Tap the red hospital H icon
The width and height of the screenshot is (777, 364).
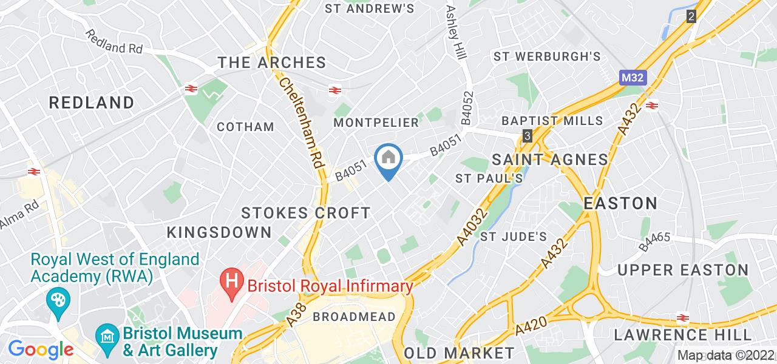click(x=231, y=283)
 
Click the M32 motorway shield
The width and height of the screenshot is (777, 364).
click(x=633, y=78)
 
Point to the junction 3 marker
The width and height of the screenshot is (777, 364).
click(x=528, y=135)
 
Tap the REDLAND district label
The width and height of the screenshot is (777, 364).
click(x=92, y=102)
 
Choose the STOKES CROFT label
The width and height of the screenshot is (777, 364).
click(x=306, y=213)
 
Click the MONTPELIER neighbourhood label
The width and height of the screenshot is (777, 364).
click(x=377, y=123)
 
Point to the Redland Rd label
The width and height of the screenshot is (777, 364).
click(x=114, y=42)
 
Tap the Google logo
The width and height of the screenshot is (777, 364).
click(x=41, y=349)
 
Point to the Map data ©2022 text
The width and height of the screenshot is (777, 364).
click(x=725, y=356)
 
